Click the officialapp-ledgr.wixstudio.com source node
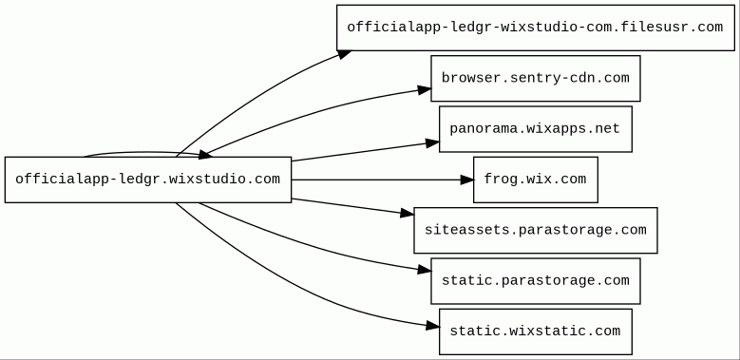(x=148, y=180)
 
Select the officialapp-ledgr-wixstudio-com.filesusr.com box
(x=535, y=28)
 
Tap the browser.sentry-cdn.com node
(x=535, y=78)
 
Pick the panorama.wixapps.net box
(x=535, y=129)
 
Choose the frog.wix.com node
(x=535, y=180)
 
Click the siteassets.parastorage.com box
(x=535, y=230)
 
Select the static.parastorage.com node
(x=535, y=281)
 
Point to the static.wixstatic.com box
(x=535, y=332)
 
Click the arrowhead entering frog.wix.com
(x=467, y=180)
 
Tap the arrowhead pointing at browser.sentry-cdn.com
(x=425, y=89)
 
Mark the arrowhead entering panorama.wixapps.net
(x=433, y=142)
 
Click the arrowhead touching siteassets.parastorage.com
(x=408, y=214)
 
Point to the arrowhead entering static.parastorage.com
(x=425, y=270)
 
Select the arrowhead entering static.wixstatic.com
(x=433, y=325)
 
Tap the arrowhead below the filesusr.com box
(x=345, y=54)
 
